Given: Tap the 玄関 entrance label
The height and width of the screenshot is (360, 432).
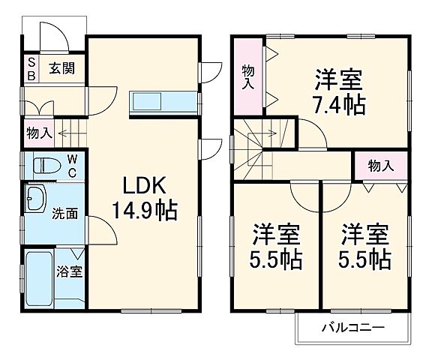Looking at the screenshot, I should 62,67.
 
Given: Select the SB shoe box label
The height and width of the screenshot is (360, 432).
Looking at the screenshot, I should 31,67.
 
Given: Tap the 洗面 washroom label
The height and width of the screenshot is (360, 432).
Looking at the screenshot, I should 64,214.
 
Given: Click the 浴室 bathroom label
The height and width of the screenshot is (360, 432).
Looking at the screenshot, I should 72,271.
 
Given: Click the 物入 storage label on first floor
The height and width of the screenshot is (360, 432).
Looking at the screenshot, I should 38,133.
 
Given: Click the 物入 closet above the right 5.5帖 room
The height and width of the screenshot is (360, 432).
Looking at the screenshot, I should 380,165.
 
